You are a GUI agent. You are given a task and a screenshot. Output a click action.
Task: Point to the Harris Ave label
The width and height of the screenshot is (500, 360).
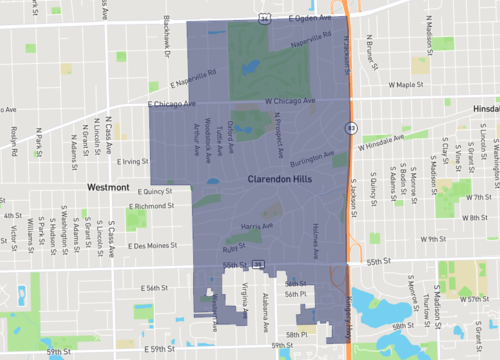[257, 228]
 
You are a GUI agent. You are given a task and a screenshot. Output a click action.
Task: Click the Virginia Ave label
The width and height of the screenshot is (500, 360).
[245, 294]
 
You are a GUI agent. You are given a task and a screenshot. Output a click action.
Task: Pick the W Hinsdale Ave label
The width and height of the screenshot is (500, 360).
[409, 144]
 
